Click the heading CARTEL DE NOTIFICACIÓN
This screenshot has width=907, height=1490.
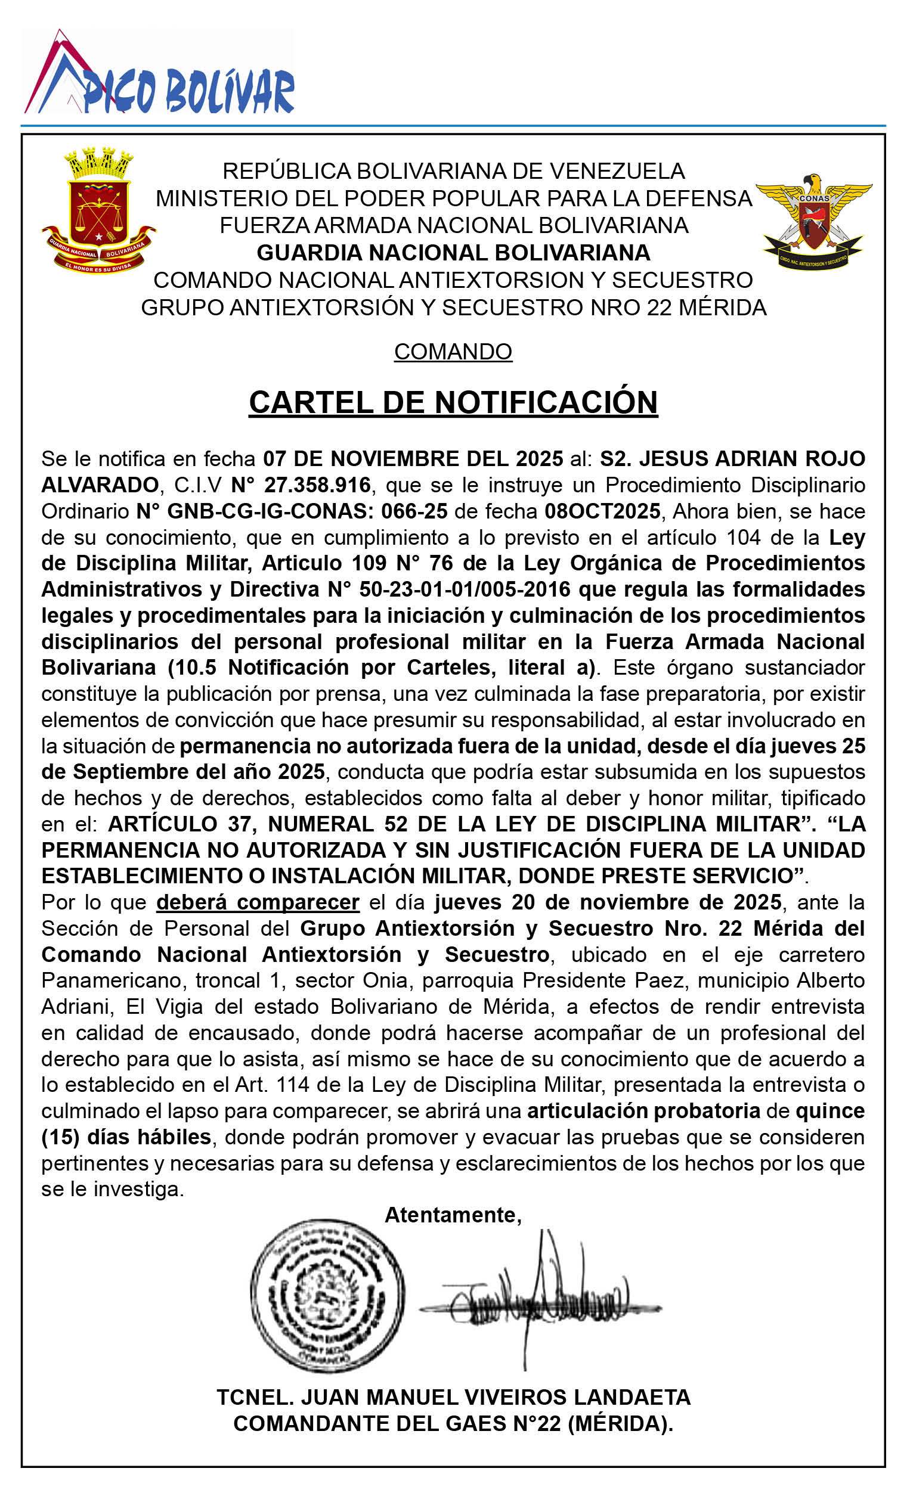point(453,402)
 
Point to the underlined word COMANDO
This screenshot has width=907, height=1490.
point(453,351)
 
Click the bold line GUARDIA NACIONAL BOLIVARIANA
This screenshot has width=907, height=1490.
point(453,252)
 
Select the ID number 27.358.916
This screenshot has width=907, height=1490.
point(301,485)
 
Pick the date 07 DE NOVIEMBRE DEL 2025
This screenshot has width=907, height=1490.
point(413,459)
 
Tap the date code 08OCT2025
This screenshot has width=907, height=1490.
point(602,511)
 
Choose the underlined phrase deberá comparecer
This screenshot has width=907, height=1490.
point(258,902)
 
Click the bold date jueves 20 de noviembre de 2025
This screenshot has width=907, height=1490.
point(608,902)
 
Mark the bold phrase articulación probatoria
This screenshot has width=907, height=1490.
point(643,1111)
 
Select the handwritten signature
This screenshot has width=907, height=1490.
point(540,1297)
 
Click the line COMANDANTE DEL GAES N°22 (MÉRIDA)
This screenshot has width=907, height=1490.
point(453,1423)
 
